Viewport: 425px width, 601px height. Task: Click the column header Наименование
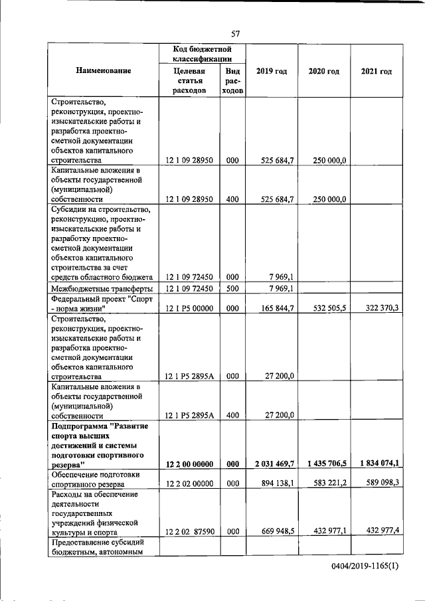coord(103,70)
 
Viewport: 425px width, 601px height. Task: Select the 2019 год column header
coord(271,71)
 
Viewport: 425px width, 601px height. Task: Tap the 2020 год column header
coord(323,71)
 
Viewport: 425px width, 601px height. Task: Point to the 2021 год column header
coord(376,71)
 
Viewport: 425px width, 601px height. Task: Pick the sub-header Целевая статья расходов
coord(189,80)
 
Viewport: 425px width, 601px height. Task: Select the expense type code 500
coord(232,288)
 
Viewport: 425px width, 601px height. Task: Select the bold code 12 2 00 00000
coord(189,464)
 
